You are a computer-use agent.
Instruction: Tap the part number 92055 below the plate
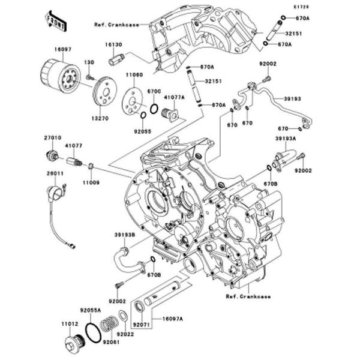click(x=142, y=130)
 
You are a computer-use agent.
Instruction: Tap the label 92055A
click(x=91, y=311)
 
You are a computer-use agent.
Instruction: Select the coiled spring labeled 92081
click(x=109, y=328)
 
